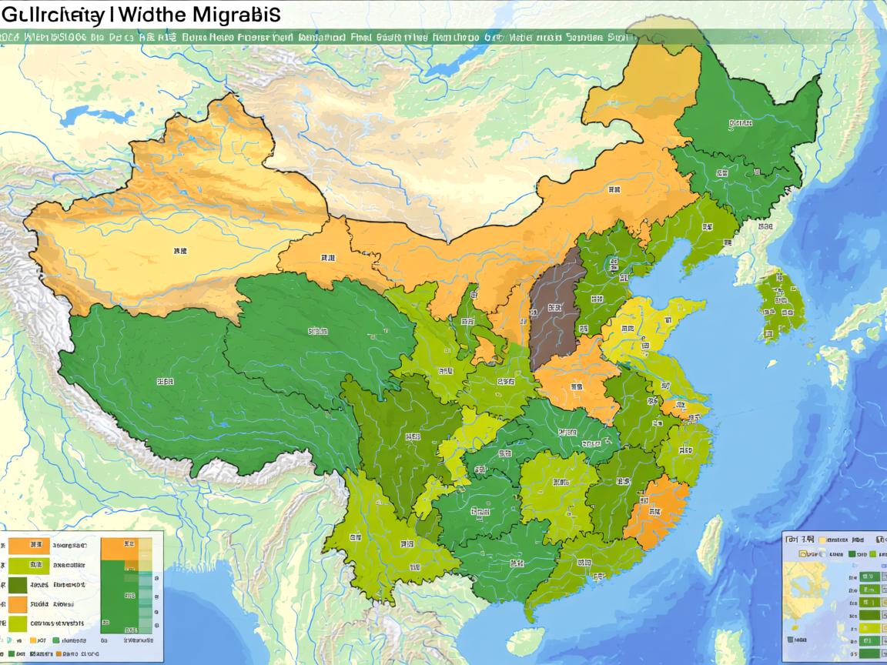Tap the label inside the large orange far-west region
[x=179, y=252]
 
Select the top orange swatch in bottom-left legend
[x=18, y=546]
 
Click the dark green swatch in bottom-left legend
[x=18, y=585]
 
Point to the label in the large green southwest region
[x=164, y=381]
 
